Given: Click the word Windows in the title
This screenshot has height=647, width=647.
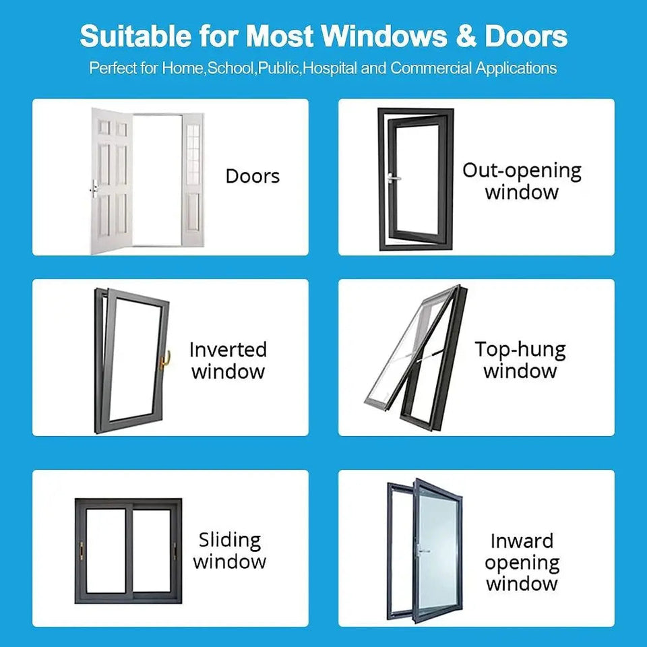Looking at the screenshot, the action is coord(384,36).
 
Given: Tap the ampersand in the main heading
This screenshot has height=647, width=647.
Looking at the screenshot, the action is coord(466,36).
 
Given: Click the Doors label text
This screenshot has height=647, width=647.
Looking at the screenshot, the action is coord(253,176).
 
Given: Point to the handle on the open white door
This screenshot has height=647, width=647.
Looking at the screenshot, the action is coord(94,189).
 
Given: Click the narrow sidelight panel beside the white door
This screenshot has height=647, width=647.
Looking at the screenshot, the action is coord(193,181).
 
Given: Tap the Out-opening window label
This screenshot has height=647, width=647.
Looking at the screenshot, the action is coord(522,181).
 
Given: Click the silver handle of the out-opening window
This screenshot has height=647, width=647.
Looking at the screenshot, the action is coord(394,178).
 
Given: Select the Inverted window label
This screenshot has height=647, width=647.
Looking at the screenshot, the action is coord(228,360).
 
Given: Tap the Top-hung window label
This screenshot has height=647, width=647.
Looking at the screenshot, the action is coord(520,359).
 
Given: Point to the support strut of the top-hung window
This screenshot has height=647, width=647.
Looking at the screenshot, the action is coord(427,355).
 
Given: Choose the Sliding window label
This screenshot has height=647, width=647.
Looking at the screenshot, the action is coord(229,551).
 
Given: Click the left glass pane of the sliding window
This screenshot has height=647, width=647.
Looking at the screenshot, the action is coord(106,551).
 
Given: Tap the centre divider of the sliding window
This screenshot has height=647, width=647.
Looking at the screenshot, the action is coord(129,551).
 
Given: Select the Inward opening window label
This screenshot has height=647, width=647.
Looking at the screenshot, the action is coord(522,562).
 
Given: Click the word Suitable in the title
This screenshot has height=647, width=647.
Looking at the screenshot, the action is coord(135,36).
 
